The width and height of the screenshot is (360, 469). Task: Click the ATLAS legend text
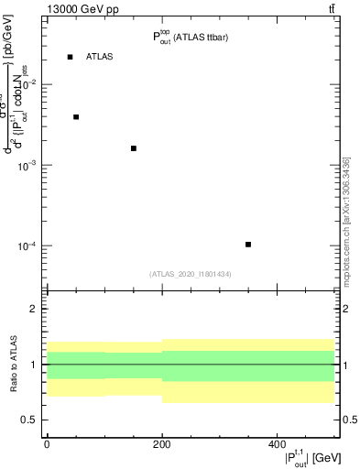click(x=100, y=57)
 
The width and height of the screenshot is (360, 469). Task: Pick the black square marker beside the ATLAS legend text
click(x=70, y=57)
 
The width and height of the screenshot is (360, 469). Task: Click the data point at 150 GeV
click(x=134, y=148)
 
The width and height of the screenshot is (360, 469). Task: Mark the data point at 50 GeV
click(x=76, y=117)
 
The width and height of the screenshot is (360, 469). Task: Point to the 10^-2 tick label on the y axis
click(x=26, y=84)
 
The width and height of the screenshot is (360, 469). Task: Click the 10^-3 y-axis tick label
click(x=26, y=165)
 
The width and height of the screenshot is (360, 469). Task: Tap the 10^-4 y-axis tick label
click(x=26, y=246)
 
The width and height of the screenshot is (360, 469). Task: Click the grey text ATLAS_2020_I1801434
click(x=190, y=274)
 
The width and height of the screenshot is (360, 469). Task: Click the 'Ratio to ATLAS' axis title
click(x=16, y=365)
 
